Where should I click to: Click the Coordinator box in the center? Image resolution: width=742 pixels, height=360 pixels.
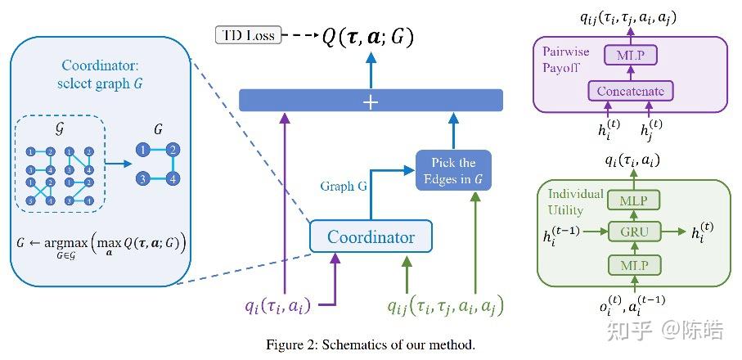coord(371,237)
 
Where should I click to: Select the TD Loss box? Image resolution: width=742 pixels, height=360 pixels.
coord(246,35)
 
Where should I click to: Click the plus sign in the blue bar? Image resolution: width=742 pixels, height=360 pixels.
coord(371,101)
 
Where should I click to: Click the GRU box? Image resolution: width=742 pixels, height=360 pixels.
coord(634,232)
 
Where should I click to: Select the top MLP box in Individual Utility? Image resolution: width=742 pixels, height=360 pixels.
coord(634,200)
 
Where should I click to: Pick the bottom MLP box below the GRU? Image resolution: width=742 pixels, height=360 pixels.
coord(634,265)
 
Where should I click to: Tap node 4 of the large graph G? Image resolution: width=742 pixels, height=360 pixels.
coord(173,177)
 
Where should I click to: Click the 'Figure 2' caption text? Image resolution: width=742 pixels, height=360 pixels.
coord(371,344)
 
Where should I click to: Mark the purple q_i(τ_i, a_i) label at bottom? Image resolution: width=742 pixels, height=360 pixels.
coord(276,307)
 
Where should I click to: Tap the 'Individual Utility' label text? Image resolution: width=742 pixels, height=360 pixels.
coord(576,201)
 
